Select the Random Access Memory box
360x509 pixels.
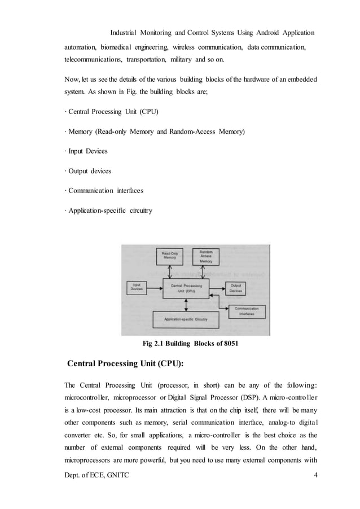206,257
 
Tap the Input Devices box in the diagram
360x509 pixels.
136,287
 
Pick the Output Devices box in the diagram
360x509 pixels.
236,287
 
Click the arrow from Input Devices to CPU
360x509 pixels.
155,288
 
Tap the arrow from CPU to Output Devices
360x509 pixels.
218,287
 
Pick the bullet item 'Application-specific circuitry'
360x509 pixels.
109,210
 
